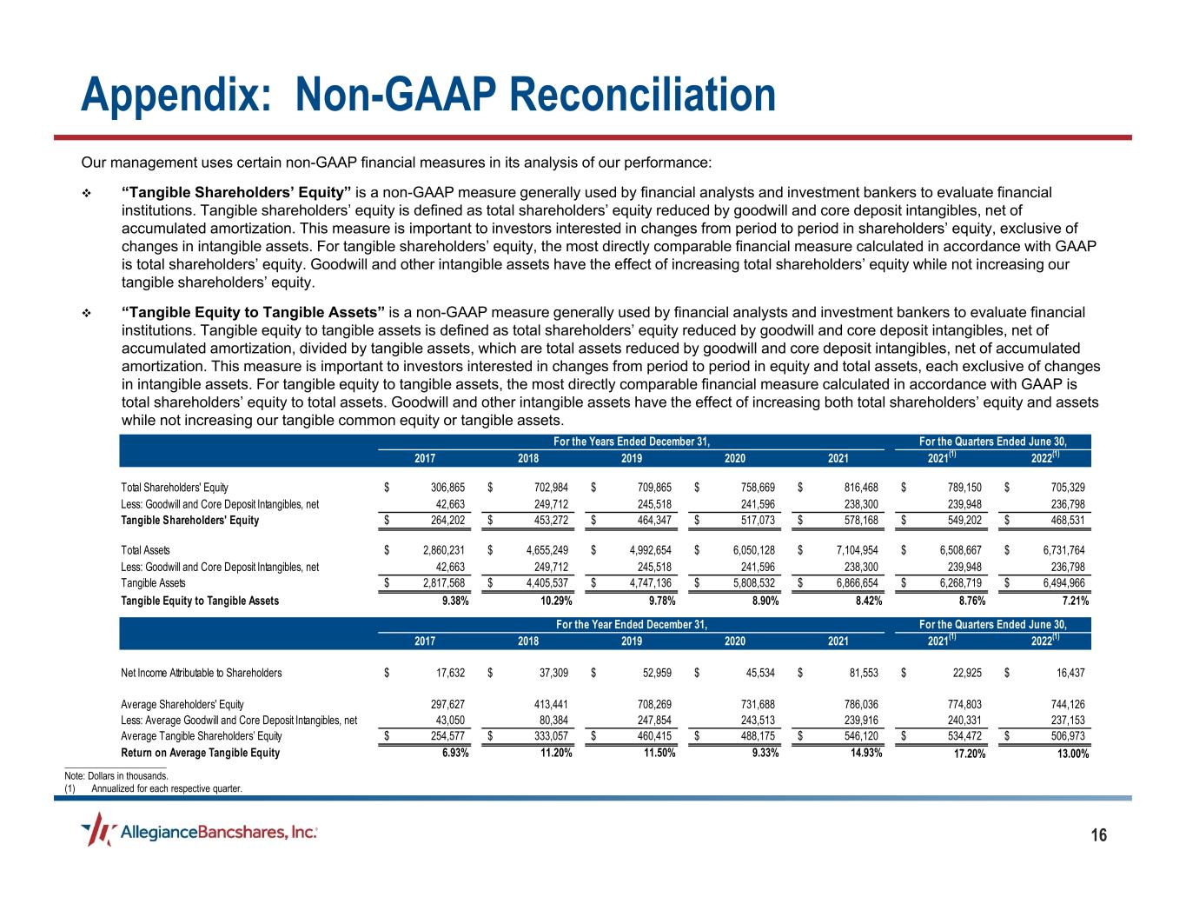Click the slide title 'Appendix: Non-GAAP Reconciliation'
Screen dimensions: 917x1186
(x=427, y=94)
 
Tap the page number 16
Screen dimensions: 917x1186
(x=1099, y=836)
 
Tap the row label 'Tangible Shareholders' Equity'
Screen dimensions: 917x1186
(x=189, y=521)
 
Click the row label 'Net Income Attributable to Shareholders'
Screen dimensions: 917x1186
(x=201, y=673)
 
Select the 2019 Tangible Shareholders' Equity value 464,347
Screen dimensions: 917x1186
(x=653, y=521)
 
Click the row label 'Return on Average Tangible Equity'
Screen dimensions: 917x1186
(x=200, y=753)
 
